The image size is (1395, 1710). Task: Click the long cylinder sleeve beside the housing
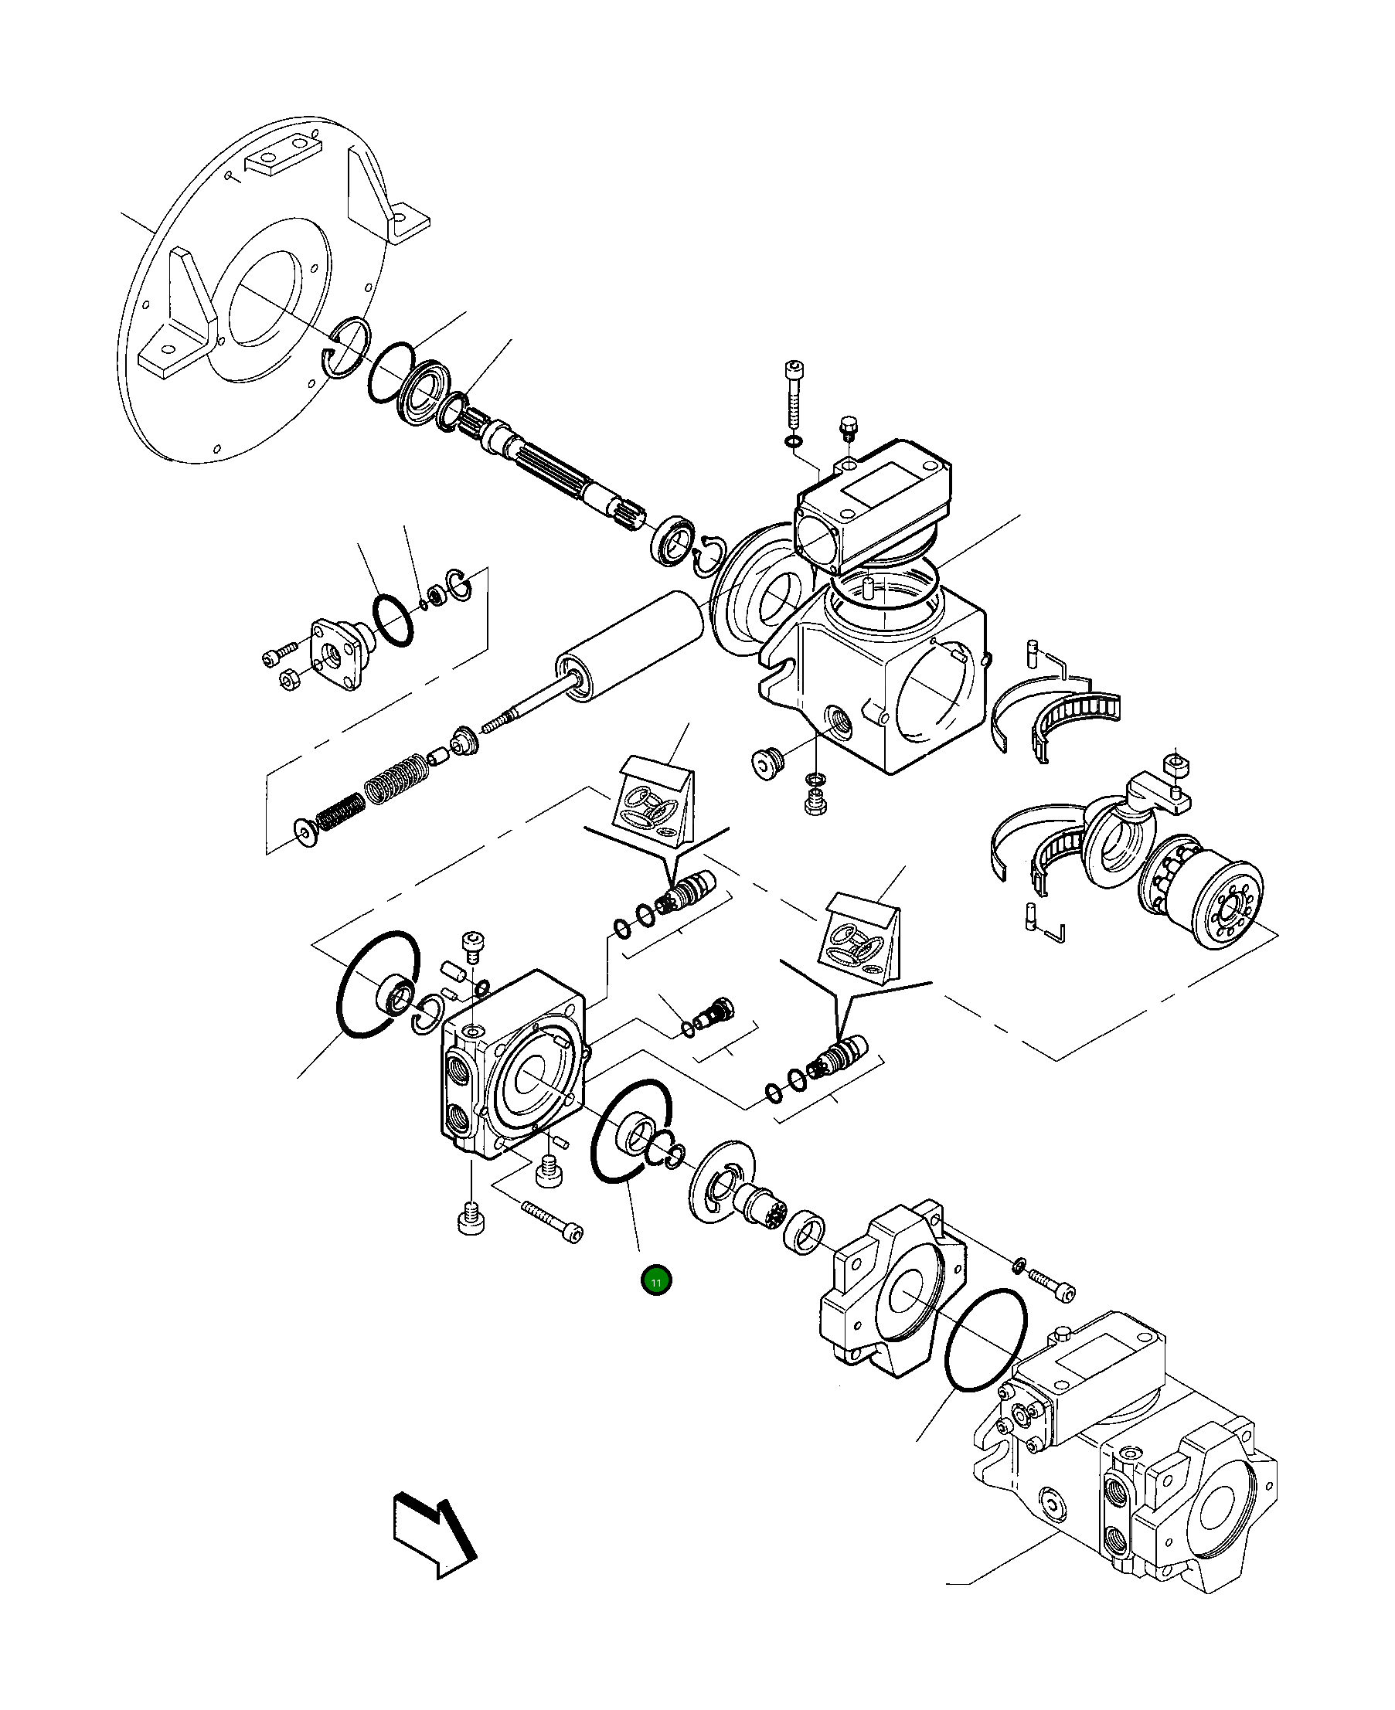tap(628, 650)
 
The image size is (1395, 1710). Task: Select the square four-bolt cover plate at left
tap(337, 653)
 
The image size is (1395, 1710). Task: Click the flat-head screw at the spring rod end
tap(305, 833)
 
